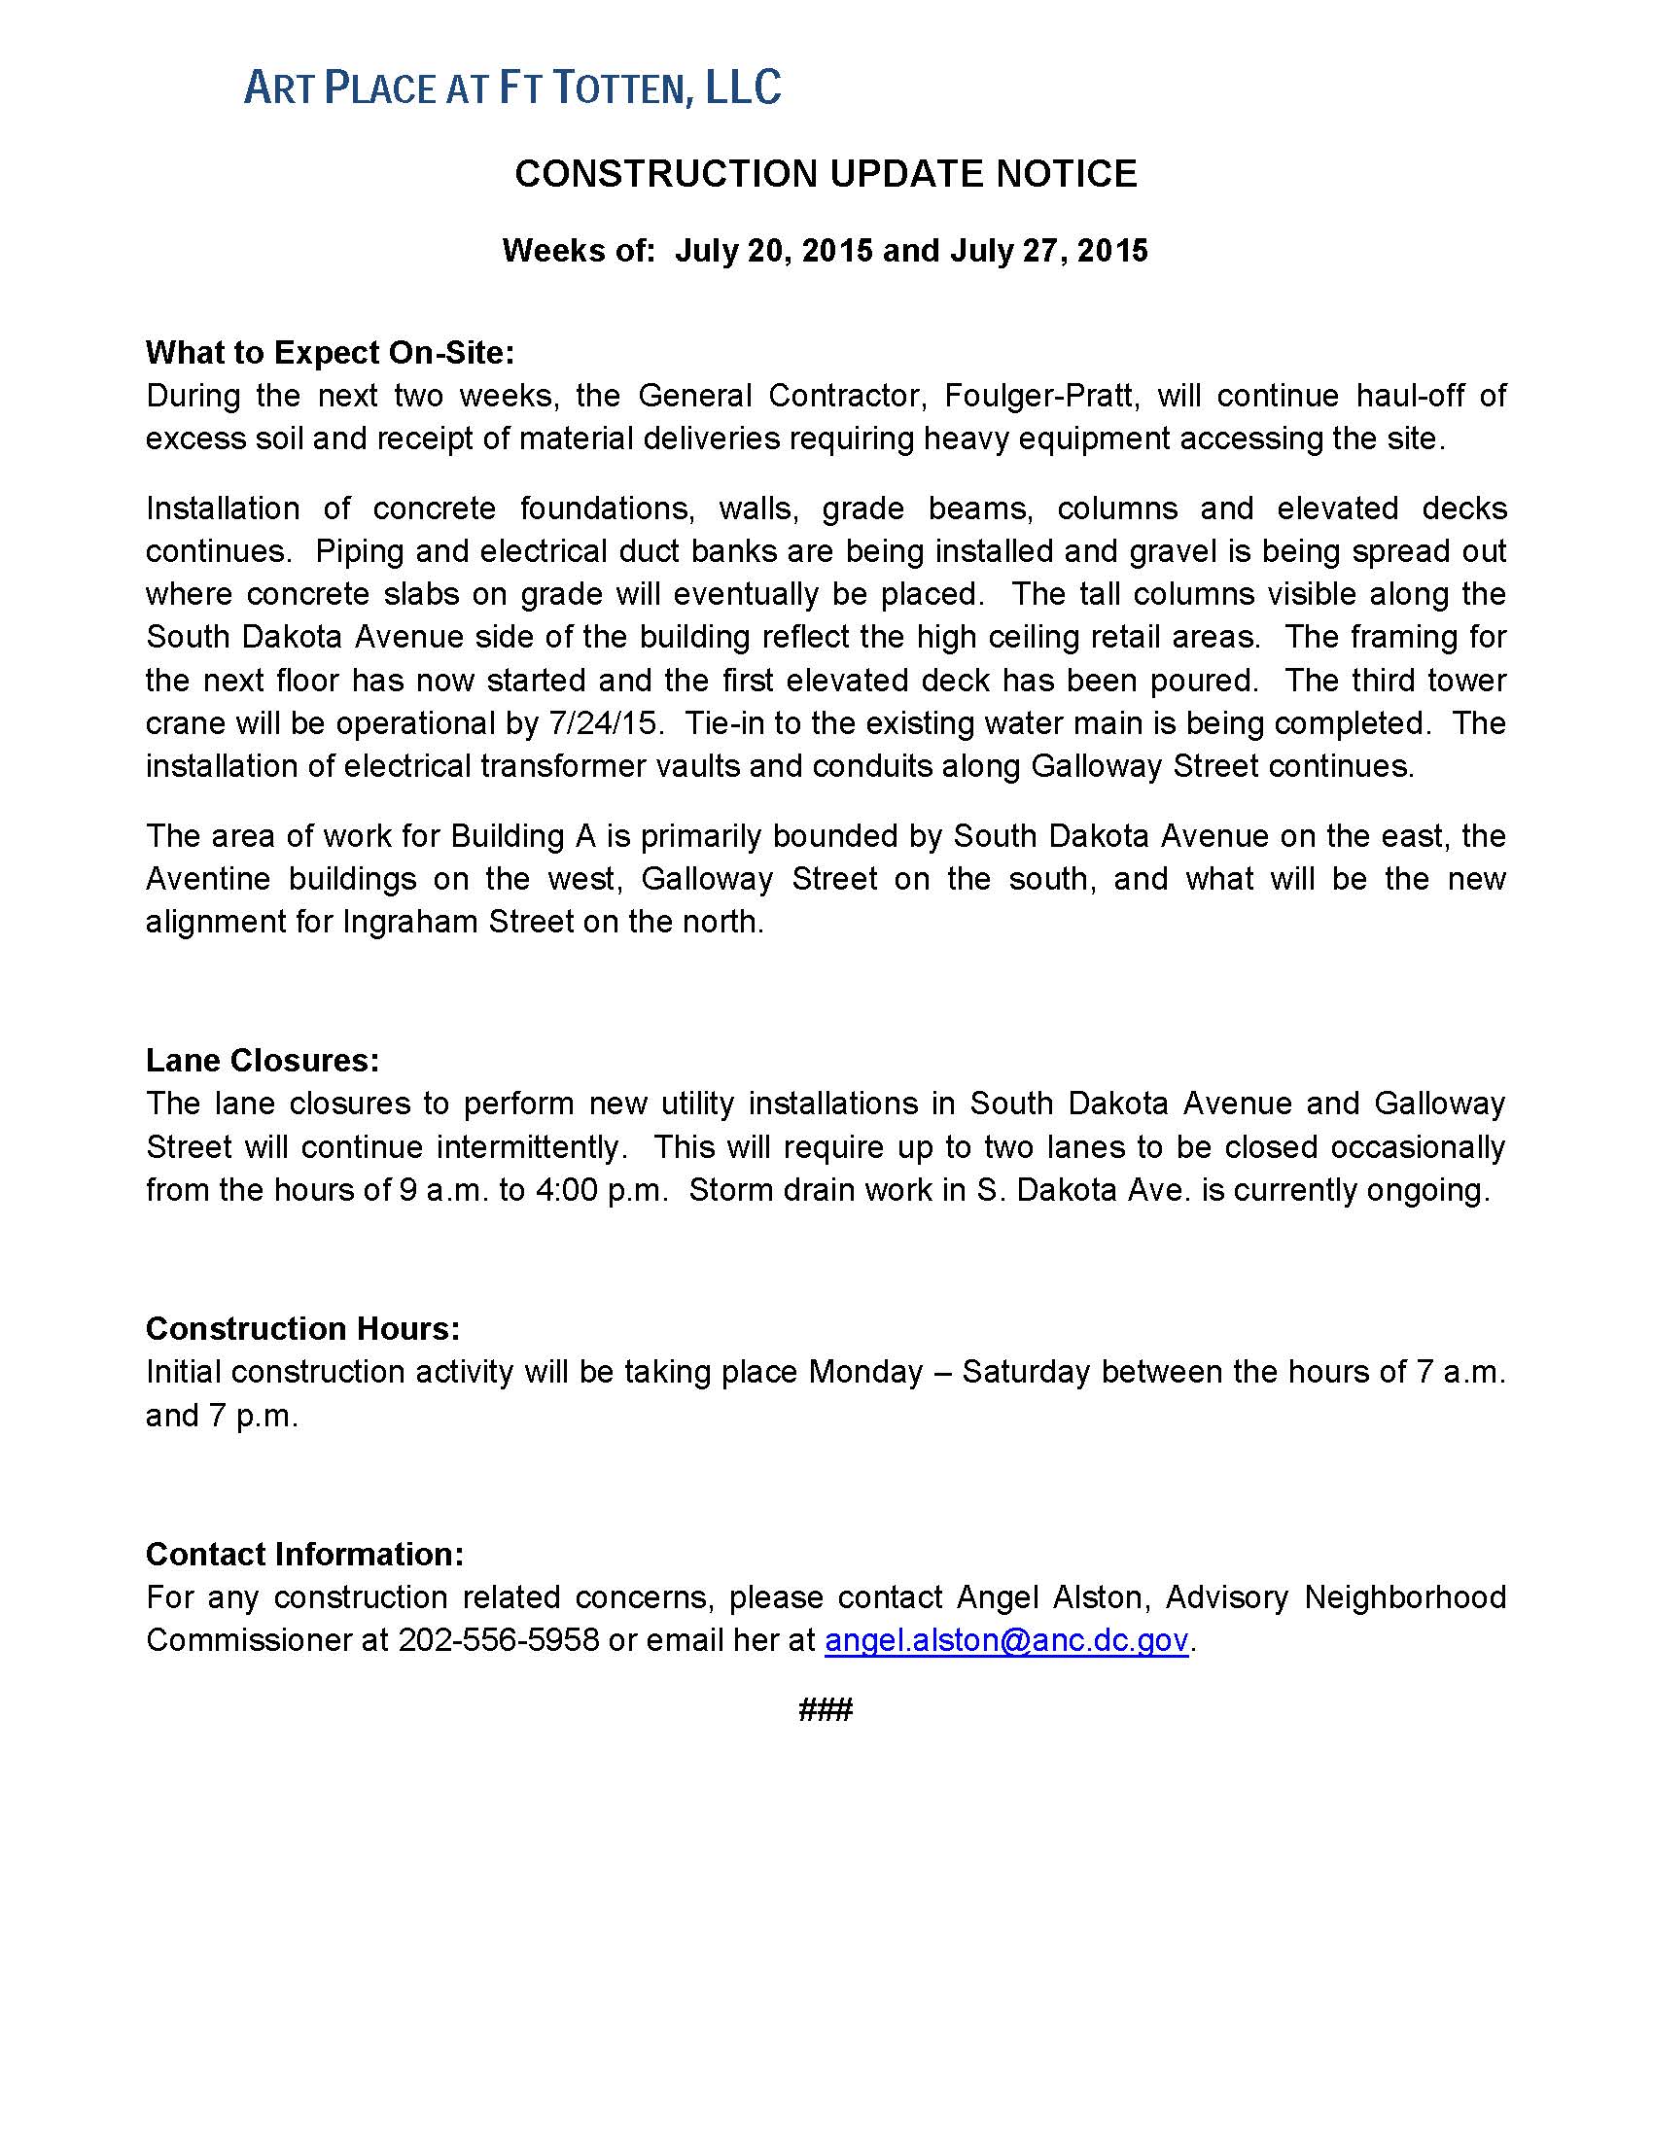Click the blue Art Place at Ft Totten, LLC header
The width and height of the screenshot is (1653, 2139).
[x=512, y=88]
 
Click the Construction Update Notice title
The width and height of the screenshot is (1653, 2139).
[x=826, y=174]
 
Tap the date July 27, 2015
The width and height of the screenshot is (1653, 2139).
[x=1048, y=251]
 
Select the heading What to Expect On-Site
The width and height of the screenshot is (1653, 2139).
[x=330, y=353]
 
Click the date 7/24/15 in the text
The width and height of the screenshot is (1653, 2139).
[x=601, y=722]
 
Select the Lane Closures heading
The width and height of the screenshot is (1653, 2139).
[x=263, y=1061]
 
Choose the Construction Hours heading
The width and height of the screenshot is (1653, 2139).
[x=302, y=1328]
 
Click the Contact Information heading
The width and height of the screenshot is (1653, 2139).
[x=304, y=1555]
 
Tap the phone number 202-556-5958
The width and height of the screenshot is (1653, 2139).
[x=498, y=1640]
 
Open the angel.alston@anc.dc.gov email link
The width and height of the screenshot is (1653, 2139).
[x=1006, y=1640]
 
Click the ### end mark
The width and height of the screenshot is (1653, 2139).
[x=826, y=1710]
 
